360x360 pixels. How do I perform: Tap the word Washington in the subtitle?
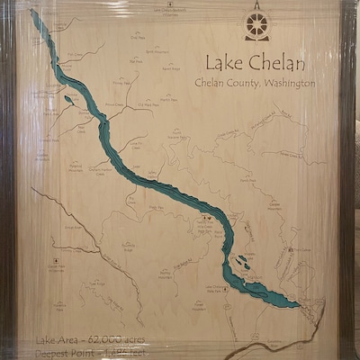(x=286, y=83)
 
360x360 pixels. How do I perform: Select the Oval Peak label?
(x=138, y=38)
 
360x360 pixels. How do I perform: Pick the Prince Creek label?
(x=114, y=104)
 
